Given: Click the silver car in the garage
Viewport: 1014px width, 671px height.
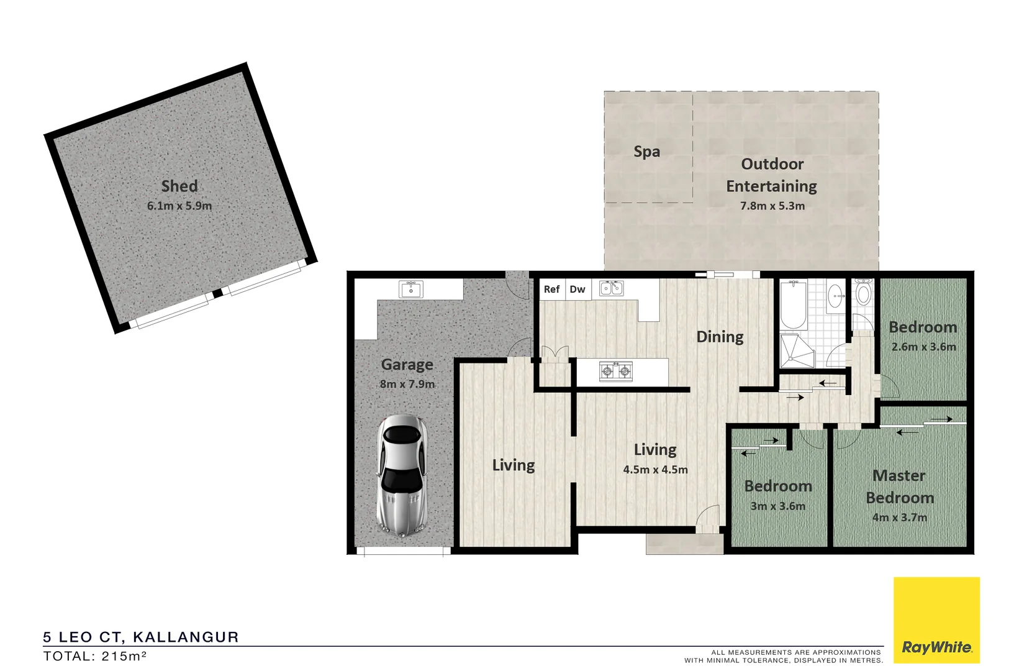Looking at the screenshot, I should point(402,475).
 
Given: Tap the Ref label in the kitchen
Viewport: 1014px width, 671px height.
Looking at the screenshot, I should point(551,289).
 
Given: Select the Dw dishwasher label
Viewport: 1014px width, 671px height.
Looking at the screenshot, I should point(577,289).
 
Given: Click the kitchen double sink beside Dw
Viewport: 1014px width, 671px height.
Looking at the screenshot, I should point(611,288).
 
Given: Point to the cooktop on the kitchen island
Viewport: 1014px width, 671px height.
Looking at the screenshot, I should point(615,372).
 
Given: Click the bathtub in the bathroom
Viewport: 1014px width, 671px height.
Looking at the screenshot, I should point(793,304).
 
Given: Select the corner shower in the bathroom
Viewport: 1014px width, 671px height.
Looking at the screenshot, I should point(796,352).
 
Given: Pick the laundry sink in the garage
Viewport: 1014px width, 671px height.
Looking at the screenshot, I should point(410,290).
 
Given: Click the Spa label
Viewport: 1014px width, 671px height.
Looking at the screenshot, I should point(646,152).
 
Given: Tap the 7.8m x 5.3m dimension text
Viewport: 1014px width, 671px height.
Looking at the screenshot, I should point(772,206).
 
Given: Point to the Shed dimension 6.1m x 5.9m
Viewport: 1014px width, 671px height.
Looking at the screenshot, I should point(179,206).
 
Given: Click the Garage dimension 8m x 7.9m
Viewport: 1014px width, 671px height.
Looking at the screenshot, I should point(407,384).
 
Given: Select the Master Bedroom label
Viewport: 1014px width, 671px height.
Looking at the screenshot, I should point(899,486).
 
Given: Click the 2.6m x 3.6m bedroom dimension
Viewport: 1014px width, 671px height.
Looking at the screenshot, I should point(923,347).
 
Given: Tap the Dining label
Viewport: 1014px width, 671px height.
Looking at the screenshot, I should point(720,337).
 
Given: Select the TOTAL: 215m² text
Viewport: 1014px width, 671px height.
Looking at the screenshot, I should point(94,656).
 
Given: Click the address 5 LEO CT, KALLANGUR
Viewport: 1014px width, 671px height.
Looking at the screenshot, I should point(141,637).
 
